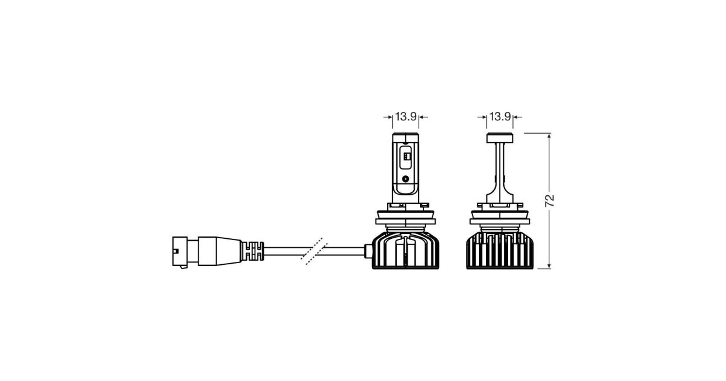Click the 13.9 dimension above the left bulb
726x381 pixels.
(405, 116)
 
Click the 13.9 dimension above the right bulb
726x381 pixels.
(500, 116)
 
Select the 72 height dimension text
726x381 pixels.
(550, 201)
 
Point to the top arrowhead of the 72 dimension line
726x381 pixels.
(549, 137)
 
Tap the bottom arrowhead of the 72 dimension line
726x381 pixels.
(549, 265)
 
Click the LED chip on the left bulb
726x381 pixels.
(405, 157)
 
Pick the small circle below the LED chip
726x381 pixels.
(405, 178)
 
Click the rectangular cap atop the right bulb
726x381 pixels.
(500, 138)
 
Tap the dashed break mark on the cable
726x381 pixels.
(314, 252)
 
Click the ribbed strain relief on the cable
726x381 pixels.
(253, 251)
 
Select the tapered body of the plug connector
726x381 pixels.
(220, 252)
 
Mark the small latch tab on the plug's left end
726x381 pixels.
(176, 251)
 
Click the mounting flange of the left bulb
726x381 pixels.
(405, 217)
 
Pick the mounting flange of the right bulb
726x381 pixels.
(500, 217)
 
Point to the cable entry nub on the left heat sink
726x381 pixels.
(368, 251)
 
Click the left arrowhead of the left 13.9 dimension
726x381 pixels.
(388, 117)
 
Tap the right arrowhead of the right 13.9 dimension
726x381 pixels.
(517, 117)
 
